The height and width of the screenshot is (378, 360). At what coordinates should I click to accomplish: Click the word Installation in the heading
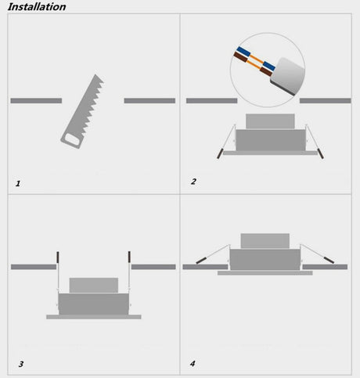(37, 6)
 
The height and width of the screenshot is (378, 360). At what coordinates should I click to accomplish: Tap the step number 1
(18, 183)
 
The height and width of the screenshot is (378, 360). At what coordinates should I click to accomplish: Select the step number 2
(193, 182)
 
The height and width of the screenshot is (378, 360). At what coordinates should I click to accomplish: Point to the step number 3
(21, 364)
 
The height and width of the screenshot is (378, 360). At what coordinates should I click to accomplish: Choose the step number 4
(193, 363)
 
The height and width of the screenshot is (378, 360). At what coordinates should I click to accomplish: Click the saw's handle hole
(72, 139)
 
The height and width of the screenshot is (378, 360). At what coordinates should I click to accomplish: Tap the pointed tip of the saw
(95, 75)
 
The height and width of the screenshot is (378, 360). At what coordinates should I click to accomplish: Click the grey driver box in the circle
(288, 76)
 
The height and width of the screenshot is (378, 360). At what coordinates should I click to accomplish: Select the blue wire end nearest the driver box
(269, 66)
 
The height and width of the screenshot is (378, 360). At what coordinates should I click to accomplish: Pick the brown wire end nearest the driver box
(266, 71)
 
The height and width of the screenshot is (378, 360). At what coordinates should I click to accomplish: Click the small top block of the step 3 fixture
(94, 285)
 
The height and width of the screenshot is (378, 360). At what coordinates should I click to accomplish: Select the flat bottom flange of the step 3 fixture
(94, 317)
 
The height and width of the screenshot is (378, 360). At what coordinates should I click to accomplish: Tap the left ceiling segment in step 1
(36, 101)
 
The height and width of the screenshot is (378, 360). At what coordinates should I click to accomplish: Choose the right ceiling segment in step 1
(149, 101)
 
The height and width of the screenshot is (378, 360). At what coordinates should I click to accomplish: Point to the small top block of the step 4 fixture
(265, 241)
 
